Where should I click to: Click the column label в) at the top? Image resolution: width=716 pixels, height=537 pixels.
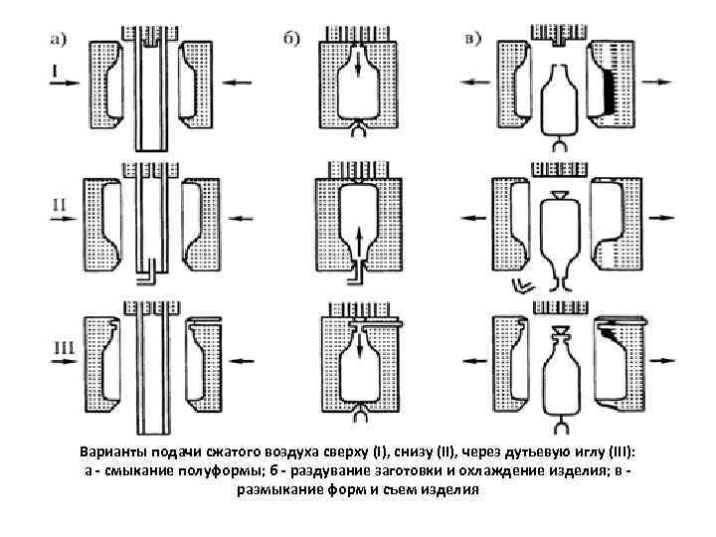[x=473, y=40]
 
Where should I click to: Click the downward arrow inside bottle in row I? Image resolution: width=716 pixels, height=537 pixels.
[x=359, y=78]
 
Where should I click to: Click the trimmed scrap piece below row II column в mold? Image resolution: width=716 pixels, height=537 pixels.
[x=520, y=285]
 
